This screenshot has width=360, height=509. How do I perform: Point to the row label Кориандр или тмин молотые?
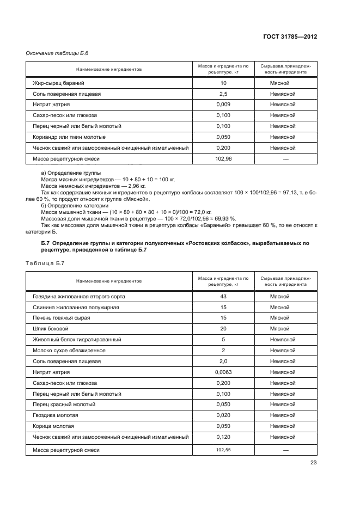[x=69, y=137]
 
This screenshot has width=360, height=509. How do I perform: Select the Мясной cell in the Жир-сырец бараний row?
[x=279, y=83]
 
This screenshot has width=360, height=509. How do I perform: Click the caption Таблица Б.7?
[x=45, y=263]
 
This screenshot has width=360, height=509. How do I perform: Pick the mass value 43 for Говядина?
[x=223, y=296]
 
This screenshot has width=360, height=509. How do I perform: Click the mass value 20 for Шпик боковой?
[x=223, y=328]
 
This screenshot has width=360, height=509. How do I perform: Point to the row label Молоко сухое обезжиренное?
[x=69, y=350]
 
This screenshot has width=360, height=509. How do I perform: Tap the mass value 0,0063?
[x=223, y=372]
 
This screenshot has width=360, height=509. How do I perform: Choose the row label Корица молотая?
[x=53, y=426]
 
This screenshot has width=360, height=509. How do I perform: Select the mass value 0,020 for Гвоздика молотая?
[x=223, y=415]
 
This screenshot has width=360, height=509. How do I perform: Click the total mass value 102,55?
[x=223, y=450]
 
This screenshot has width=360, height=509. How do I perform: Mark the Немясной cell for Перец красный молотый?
[x=283, y=404]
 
